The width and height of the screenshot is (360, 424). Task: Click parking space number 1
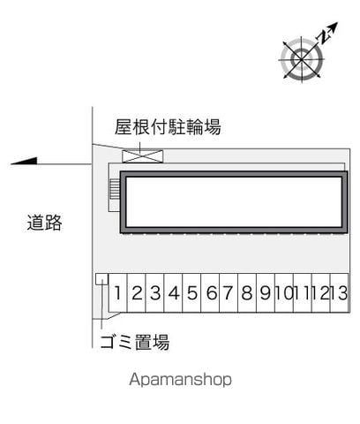118,293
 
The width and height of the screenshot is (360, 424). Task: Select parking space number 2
137,293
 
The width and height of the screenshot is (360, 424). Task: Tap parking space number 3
155,293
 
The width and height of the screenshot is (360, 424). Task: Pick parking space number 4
174,293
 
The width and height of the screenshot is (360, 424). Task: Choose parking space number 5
191,293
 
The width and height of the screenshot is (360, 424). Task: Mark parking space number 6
210,293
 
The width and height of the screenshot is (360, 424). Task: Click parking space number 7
229,293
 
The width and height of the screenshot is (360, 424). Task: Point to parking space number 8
247,293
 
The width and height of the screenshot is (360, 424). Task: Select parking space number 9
266,293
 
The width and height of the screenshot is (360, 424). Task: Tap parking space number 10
284,293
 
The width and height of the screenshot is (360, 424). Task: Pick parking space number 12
321,293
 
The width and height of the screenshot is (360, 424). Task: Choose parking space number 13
340,293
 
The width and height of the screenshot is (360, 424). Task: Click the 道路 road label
44,223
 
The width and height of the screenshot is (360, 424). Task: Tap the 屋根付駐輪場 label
168,127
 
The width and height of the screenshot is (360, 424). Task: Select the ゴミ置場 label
135,342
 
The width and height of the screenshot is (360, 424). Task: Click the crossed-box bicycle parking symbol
143,156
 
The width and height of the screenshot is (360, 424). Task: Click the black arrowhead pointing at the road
24,161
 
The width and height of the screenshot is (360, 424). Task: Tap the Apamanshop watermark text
180,379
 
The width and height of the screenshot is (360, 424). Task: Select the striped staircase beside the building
115,190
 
